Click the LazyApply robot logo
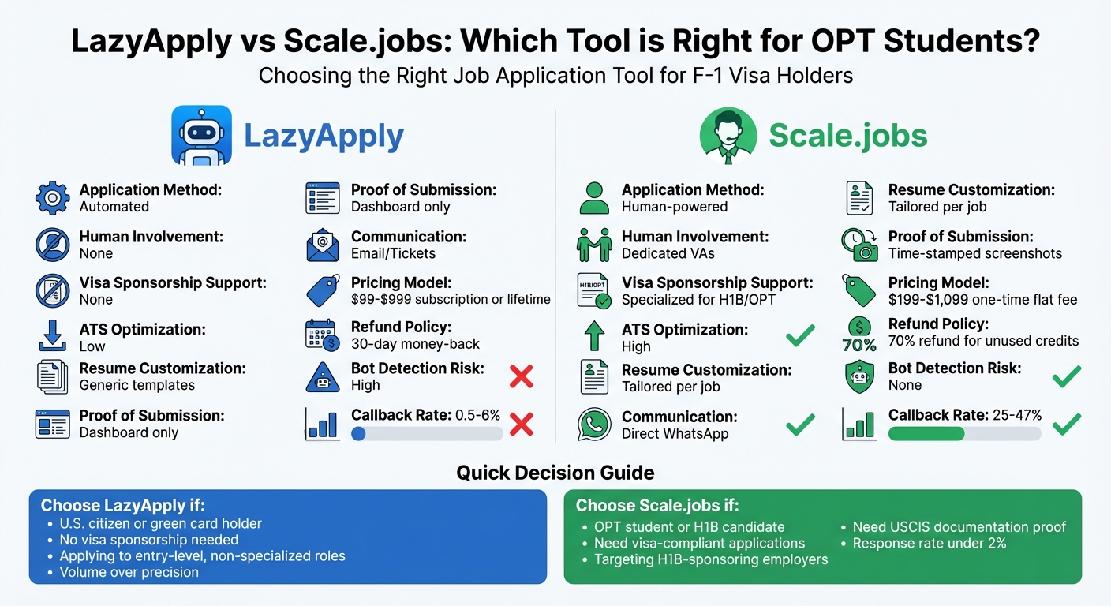click(201, 135)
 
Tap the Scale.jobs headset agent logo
click(728, 136)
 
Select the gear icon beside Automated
click(53, 198)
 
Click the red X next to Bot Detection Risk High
click(522, 376)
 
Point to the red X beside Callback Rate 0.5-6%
click(522, 425)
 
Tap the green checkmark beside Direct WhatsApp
click(800, 425)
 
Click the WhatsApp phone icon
click(594, 425)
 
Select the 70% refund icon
click(859, 335)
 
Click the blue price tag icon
click(323, 290)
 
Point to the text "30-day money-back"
click(415, 344)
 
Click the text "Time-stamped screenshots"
click(975, 253)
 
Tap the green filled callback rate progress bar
click(926, 433)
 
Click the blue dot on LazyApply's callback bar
click(358, 433)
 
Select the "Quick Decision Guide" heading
click(555, 473)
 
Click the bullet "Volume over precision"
click(129, 572)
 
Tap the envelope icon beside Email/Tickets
click(323, 245)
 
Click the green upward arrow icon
click(594, 337)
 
